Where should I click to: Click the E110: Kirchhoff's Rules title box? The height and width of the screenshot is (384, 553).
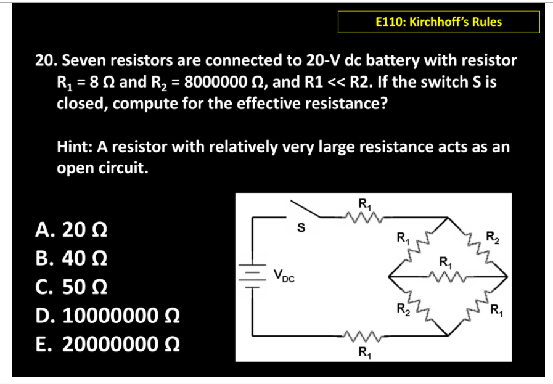[x=438, y=22]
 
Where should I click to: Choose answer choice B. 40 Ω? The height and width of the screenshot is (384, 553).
[x=71, y=259]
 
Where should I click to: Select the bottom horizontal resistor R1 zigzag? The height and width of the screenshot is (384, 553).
[x=364, y=338]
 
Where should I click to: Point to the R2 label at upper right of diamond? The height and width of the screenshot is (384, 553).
[x=493, y=235]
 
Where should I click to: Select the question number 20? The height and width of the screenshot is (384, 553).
[x=43, y=60]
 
